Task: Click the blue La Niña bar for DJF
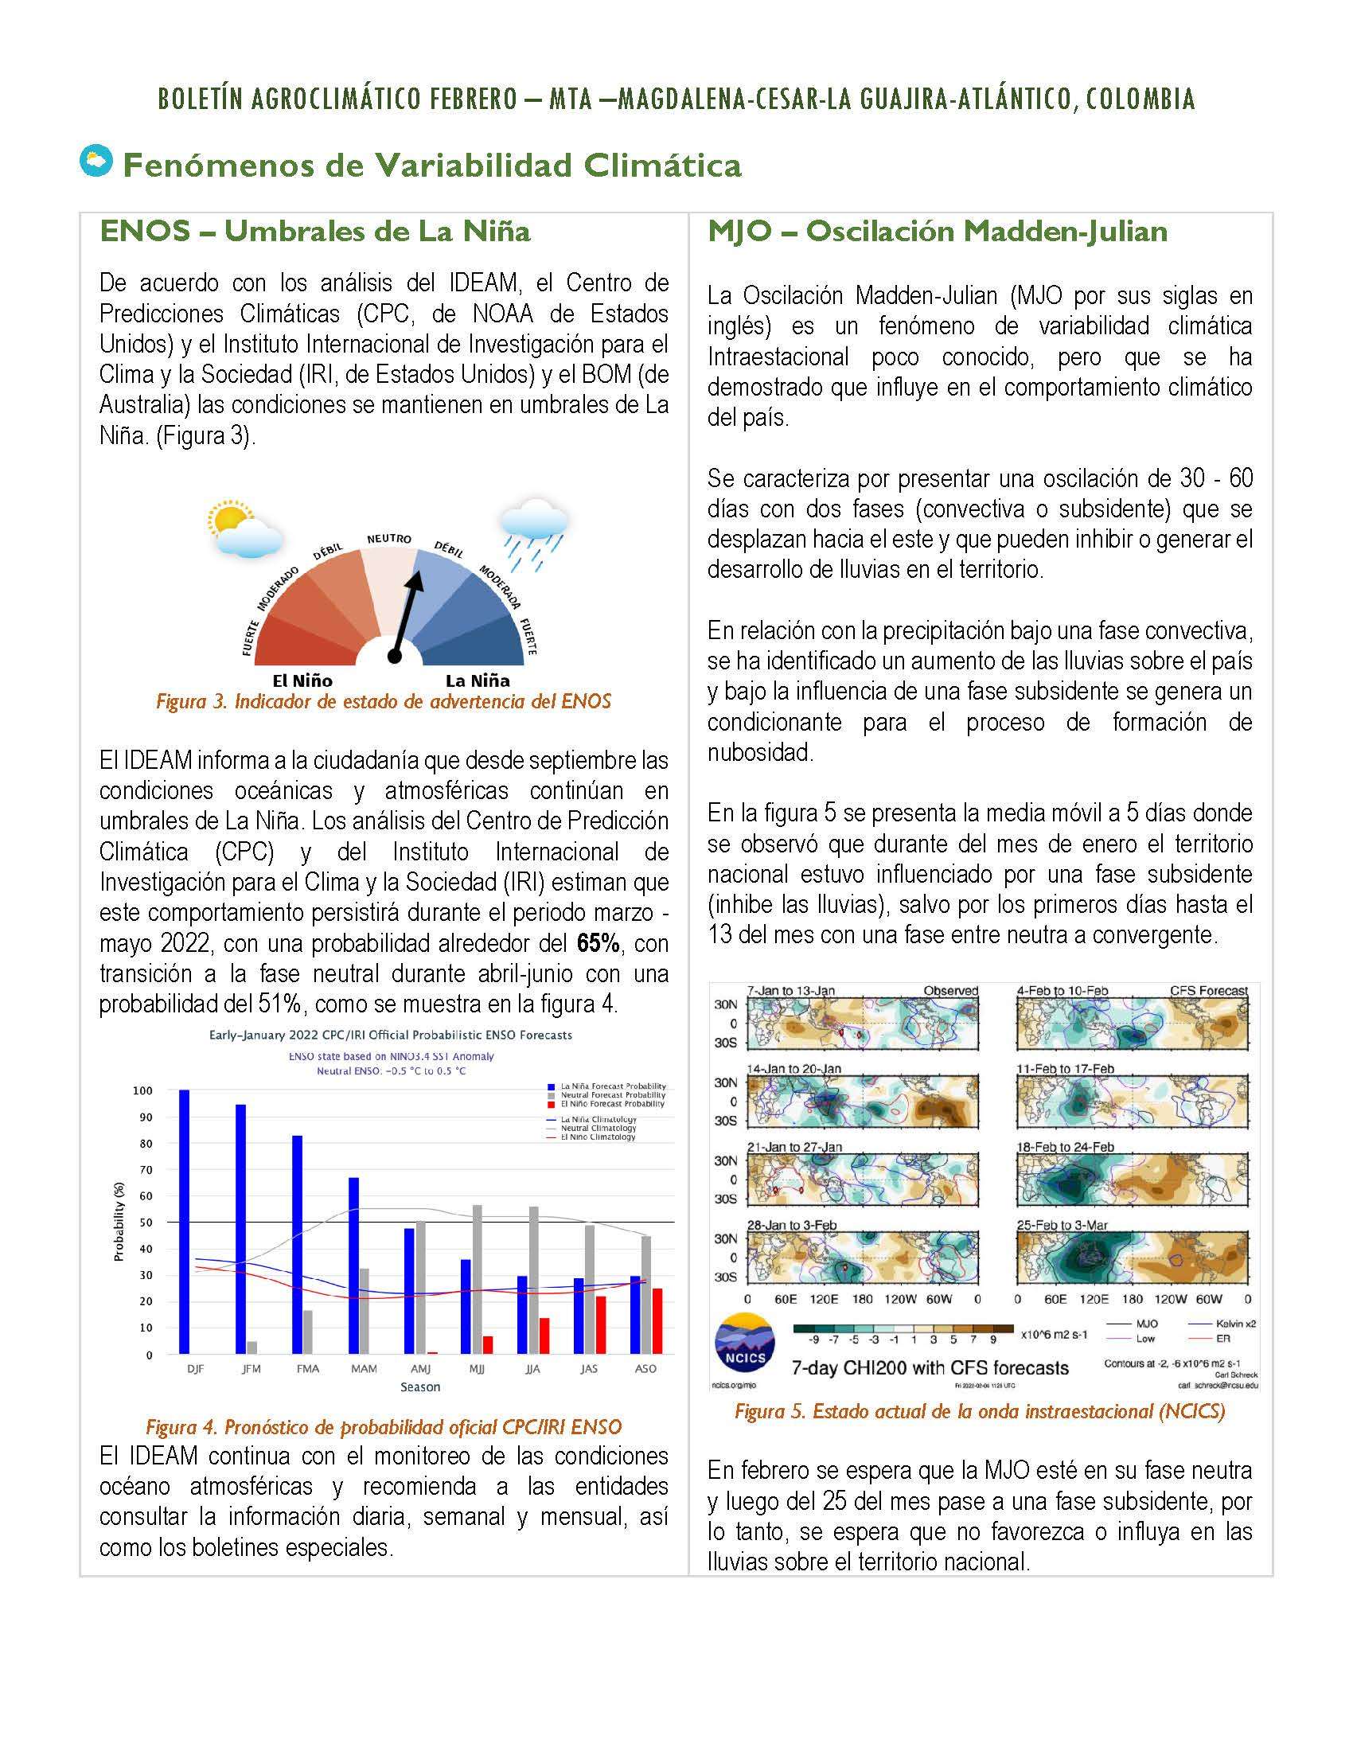[x=184, y=1221]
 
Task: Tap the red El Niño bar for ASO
[x=657, y=1320]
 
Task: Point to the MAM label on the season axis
[x=364, y=1369]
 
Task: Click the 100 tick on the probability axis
[x=142, y=1091]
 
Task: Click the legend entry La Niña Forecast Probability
[x=612, y=1086]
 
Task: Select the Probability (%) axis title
[x=119, y=1222]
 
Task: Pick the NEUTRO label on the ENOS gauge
[x=388, y=539]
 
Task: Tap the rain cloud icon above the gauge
[x=533, y=533]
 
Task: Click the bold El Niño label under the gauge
[x=302, y=681]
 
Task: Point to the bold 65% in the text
[x=598, y=943]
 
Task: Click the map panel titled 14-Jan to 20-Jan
[x=862, y=1102]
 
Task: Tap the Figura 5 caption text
[x=980, y=1411]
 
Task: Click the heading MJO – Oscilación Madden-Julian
[x=937, y=232]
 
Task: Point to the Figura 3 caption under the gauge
[x=383, y=702]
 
